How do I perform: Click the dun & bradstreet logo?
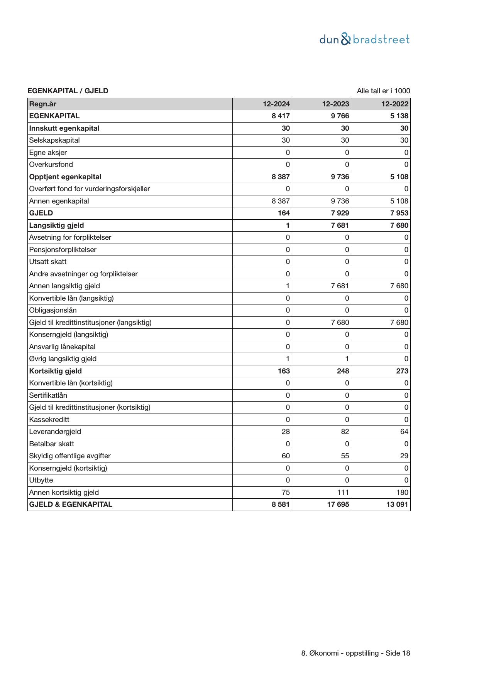point(364,39)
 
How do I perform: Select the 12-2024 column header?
point(276,104)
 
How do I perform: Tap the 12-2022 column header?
point(395,104)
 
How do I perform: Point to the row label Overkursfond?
point(51,165)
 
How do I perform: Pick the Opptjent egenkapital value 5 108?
point(399,177)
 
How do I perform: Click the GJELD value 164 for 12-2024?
point(284,213)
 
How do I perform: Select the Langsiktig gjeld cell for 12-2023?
point(340,225)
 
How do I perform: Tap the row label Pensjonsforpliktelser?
point(63,250)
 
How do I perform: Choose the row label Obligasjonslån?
point(53,310)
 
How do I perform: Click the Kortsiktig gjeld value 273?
point(402,371)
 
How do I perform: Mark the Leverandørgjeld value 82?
point(345,432)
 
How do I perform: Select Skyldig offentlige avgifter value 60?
point(286,456)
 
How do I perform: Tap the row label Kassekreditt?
point(49,420)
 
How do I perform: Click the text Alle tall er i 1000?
point(383,91)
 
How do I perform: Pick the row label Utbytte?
point(41,480)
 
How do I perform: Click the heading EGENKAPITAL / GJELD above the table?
point(68,91)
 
